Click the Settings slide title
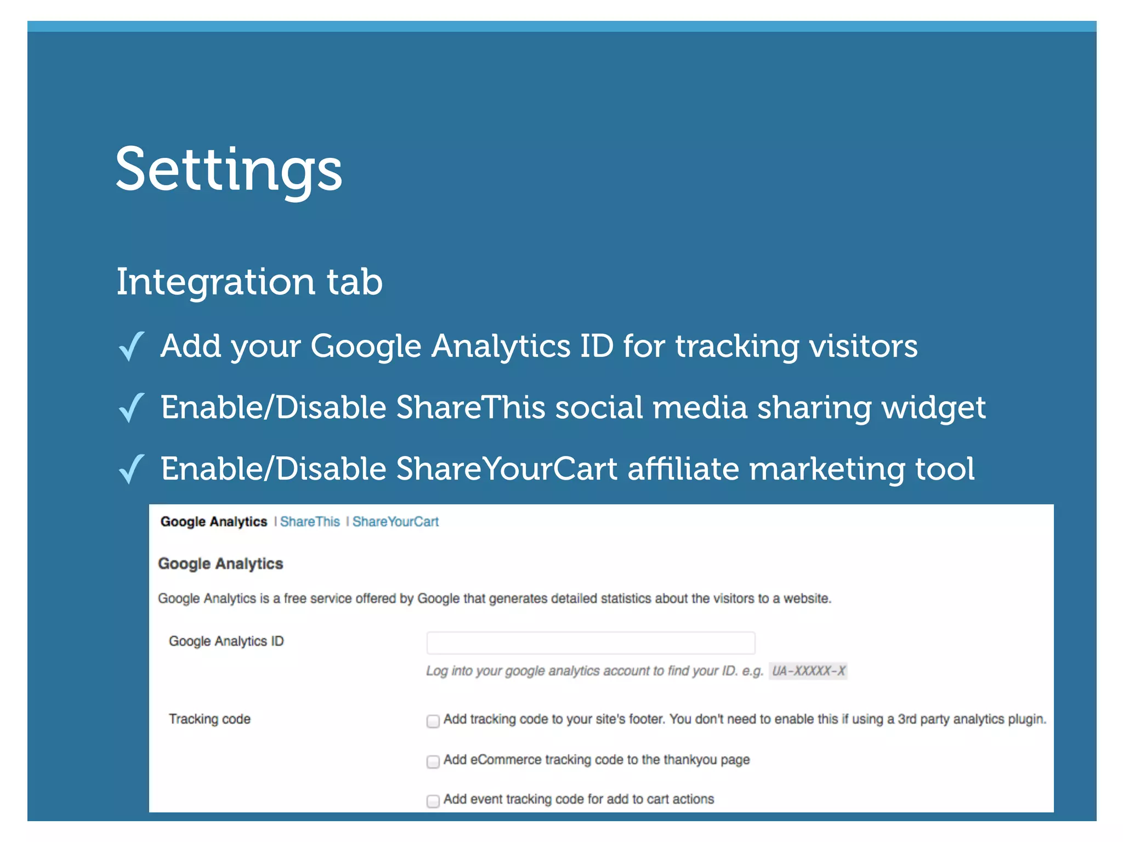(229, 169)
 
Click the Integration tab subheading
(249, 282)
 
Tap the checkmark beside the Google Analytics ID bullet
(131, 346)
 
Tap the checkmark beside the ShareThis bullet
(131, 408)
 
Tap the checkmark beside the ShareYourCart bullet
(131, 469)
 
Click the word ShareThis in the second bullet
(470, 408)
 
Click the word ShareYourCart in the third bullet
(507, 469)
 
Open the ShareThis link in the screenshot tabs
(310, 522)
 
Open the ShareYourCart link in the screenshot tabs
(395, 522)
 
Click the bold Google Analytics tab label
(213, 522)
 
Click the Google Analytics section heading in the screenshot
(220, 564)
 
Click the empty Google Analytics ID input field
(591, 642)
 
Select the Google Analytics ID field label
(226, 641)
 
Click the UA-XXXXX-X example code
(808, 671)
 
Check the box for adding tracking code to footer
(433, 721)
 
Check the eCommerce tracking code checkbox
(433, 761)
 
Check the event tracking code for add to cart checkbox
(433, 801)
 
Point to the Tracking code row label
(209, 719)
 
